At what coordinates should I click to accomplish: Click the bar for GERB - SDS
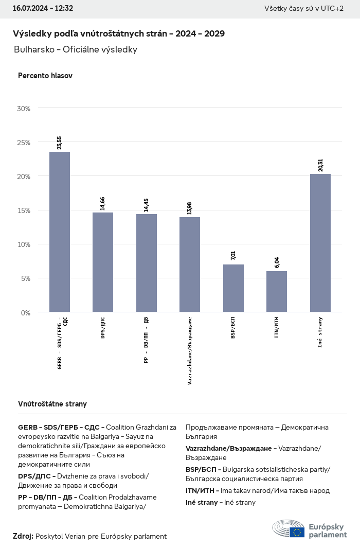click(x=60, y=232)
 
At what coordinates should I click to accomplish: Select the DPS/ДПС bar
click(x=103, y=262)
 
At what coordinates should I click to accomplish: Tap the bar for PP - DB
click(x=147, y=262)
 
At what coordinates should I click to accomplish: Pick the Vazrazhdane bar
click(x=190, y=264)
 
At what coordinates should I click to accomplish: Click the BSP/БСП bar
click(x=233, y=288)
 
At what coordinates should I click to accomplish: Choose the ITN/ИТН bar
click(x=277, y=291)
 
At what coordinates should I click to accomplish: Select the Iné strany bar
click(x=320, y=242)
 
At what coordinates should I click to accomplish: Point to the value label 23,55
click(x=60, y=143)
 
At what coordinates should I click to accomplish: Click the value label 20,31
click(x=320, y=165)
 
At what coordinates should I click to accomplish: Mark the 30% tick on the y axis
click(x=24, y=109)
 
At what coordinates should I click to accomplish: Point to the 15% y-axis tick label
click(x=24, y=210)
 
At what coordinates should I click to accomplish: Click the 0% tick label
click(x=26, y=312)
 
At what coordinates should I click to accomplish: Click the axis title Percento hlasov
click(x=45, y=76)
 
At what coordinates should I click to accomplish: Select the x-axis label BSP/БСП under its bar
click(x=233, y=327)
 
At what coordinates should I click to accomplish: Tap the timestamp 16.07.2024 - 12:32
click(x=43, y=9)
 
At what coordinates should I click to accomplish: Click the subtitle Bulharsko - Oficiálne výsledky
click(x=76, y=49)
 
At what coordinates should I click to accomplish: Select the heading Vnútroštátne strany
click(x=52, y=404)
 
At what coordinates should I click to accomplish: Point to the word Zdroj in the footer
click(x=23, y=536)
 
